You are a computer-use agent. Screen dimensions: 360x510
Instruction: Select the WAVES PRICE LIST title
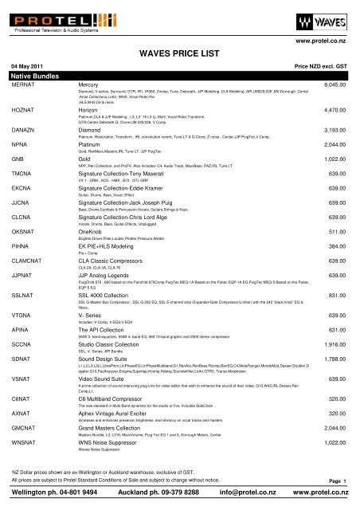click(x=179, y=52)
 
